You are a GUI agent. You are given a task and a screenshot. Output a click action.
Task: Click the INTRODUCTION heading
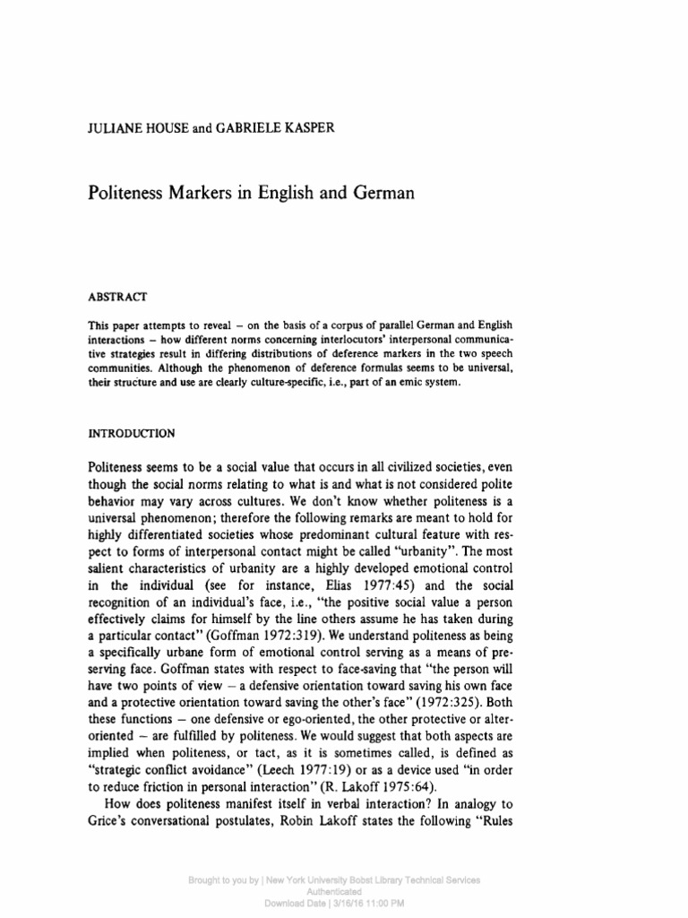point(132,432)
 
